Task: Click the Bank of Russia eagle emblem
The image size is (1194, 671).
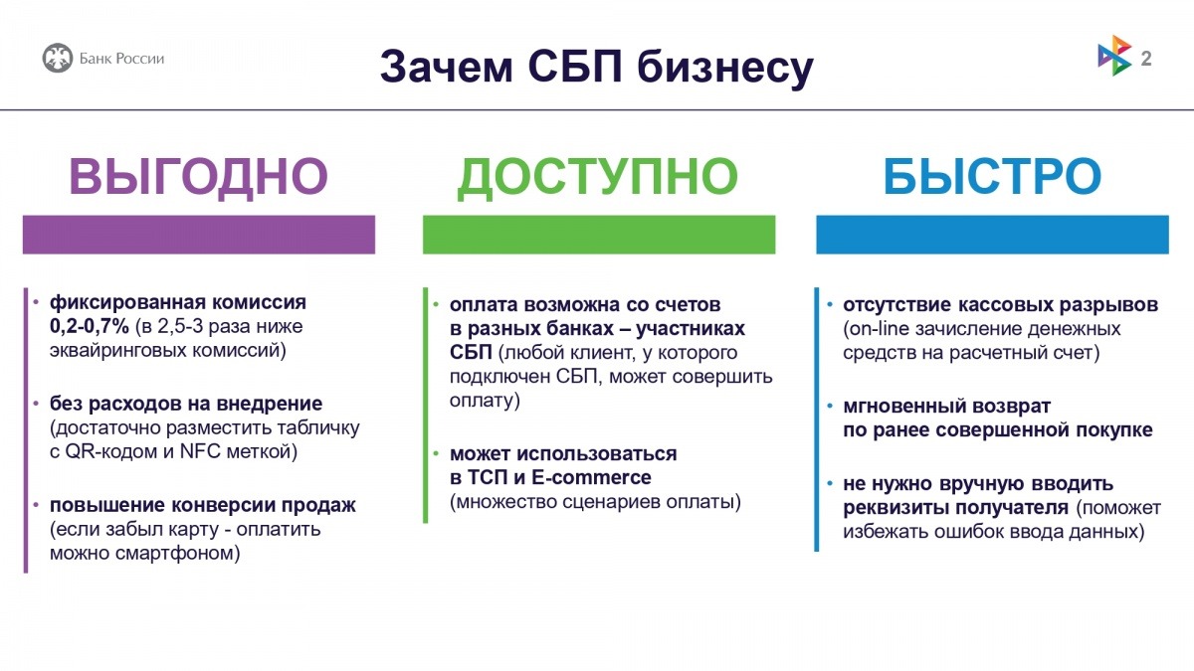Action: tap(57, 58)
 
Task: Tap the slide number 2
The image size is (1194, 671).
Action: tap(1146, 58)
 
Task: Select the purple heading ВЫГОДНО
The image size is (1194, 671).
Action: tap(198, 177)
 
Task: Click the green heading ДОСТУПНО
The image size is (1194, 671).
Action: tap(597, 177)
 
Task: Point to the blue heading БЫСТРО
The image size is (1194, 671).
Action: tap(992, 177)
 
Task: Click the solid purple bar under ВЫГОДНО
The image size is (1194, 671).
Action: tap(198, 234)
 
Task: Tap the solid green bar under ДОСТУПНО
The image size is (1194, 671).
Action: tap(598, 234)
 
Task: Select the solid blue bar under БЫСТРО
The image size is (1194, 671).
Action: tap(992, 234)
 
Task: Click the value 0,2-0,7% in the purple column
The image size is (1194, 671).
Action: tap(90, 326)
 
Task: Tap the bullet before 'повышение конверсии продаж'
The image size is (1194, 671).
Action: tap(37, 505)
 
